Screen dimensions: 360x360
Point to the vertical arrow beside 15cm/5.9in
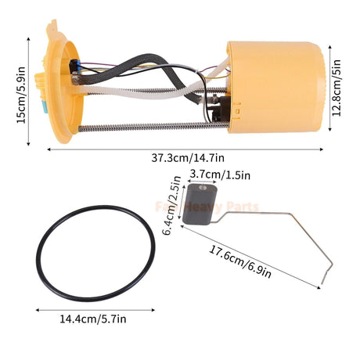[31, 85]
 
